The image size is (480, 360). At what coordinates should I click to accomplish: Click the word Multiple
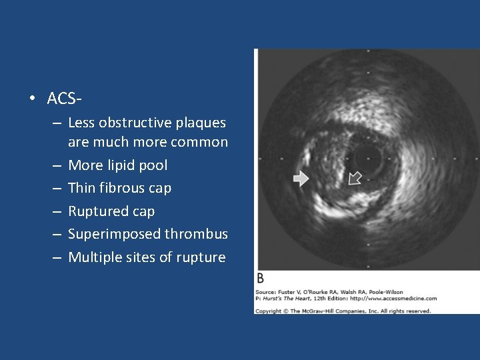click(x=94, y=257)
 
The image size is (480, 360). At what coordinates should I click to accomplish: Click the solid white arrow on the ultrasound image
click(x=301, y=178)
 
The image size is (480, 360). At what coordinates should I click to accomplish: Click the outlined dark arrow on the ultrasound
click(x=354, y=177)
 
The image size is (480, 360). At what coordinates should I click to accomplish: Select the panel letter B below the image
click(x=260, y=278)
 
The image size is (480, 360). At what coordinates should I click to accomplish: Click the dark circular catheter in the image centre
click(x=366, y=157)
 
